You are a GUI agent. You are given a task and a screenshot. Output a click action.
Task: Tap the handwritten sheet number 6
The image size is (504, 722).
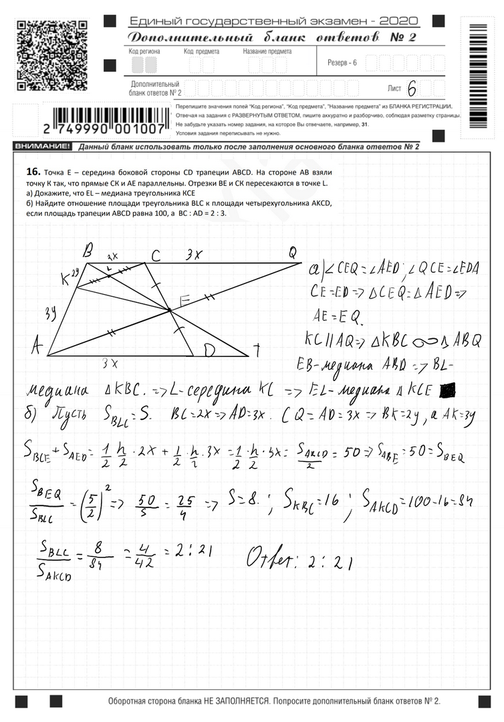[x=411, y=89]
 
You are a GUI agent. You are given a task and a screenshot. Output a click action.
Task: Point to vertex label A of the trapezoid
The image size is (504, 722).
[x=37, y=345]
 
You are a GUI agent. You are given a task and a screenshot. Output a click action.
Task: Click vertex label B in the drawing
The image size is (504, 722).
[x=88, y=251]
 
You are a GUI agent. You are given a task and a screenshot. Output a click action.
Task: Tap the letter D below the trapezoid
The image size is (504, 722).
[x=209, y=350]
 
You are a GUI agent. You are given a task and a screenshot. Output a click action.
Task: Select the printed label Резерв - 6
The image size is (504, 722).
[x=342, y=63]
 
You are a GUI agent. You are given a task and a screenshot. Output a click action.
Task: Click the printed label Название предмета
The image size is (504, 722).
[x=267, y=51]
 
